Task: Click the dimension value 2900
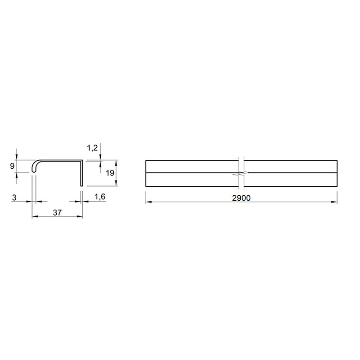click(241, 198)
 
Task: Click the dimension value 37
click(57, 212)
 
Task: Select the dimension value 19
click(110, 173)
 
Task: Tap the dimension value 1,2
click(92, 148)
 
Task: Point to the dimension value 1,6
click(100, 197)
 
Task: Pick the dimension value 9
click(12, 166)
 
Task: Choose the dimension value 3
click(14, 198)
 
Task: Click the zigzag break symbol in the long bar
click(241, 173)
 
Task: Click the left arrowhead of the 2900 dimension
click(148, 202)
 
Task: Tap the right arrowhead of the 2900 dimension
click(334, 202)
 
